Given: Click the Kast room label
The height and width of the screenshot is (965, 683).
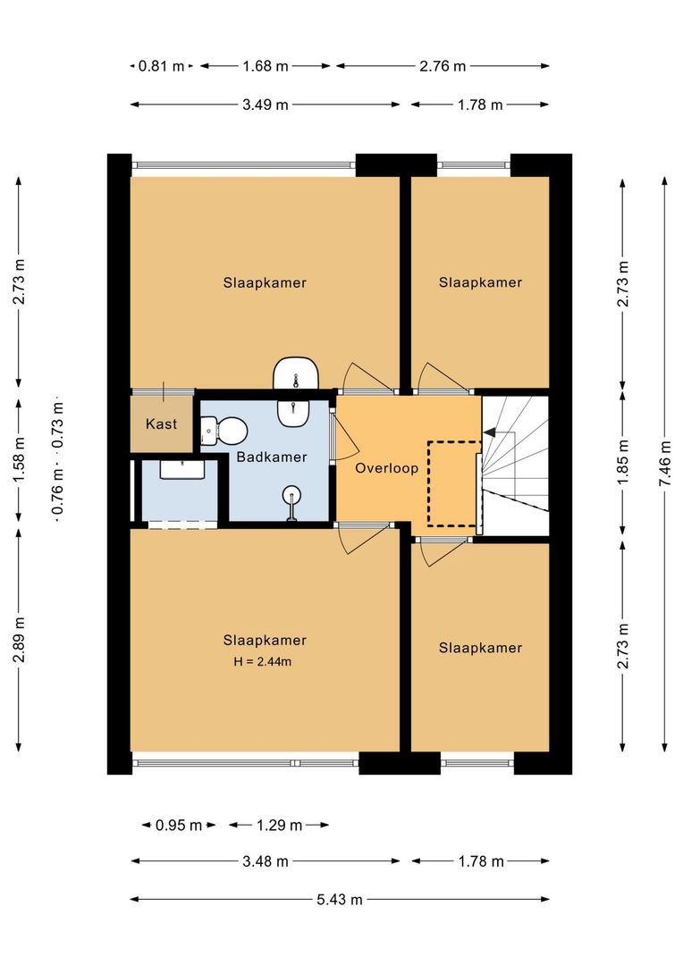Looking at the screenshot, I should (x=162, y=424).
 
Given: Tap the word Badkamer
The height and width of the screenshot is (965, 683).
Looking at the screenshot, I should (x=272, y=457).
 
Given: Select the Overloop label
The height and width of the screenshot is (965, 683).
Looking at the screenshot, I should (x=386, y=467).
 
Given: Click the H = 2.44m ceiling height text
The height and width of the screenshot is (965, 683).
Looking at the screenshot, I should (x=265, y=662).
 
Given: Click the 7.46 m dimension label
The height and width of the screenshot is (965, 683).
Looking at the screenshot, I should (x=662, y=465).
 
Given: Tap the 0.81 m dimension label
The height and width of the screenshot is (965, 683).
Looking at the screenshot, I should (x=161, y=65).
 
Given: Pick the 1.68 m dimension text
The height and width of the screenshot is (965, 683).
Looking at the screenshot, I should (x=265, y=65).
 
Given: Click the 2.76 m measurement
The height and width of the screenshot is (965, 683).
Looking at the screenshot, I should (x=443, y=65).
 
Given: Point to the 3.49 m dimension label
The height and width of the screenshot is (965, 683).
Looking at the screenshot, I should (x=265, y=105).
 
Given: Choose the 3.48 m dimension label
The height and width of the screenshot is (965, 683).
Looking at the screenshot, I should (x=265, y=861).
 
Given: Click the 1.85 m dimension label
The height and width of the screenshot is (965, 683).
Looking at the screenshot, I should (x=623, y=465).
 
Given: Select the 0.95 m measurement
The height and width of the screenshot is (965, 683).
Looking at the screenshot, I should (x=179, y=825).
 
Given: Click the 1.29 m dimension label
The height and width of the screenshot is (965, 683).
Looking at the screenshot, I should (x=279, y=825).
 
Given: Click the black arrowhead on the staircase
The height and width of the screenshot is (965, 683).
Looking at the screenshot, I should (x=488, y=432).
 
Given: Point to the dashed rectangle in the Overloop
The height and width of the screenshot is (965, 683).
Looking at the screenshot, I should (x=454, y=482).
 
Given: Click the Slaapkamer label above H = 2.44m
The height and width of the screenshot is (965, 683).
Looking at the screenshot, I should (x=265, y=640).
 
